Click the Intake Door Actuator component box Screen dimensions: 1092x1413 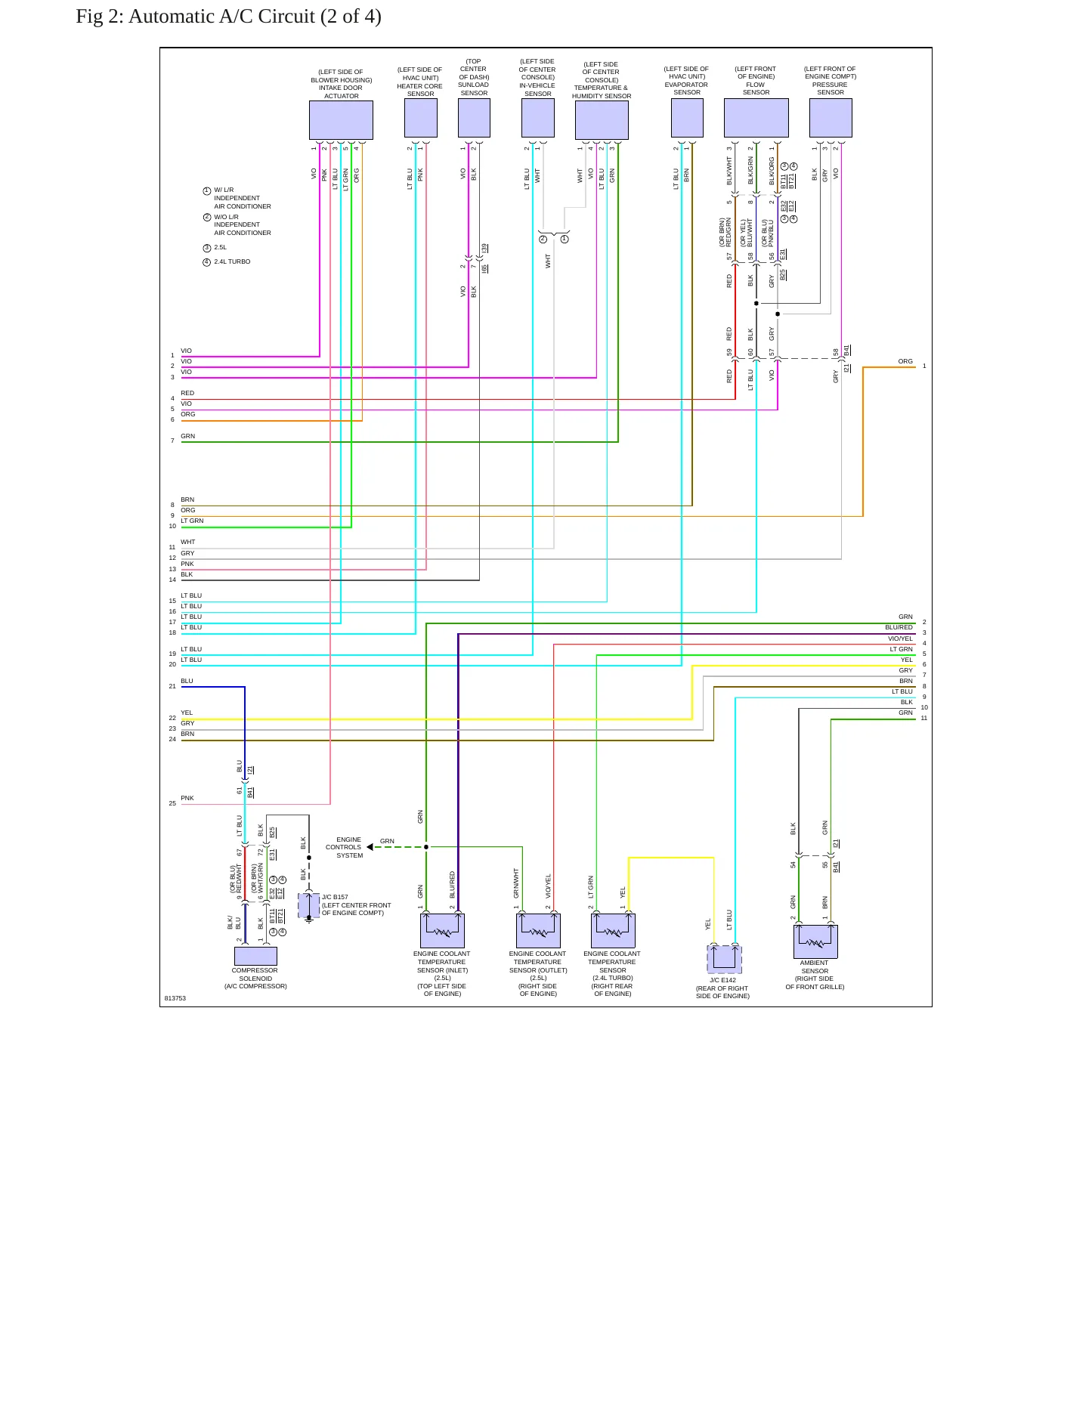341,120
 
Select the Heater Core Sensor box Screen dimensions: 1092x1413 421,118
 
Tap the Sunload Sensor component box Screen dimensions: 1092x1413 474,118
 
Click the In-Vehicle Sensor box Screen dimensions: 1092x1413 538,118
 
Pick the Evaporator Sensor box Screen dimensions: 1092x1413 687,118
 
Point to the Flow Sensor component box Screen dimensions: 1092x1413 756,118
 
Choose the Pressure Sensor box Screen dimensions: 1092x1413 831,118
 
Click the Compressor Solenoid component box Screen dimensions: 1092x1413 255,956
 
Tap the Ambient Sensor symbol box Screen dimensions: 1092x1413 815,941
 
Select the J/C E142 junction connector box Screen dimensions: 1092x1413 724,959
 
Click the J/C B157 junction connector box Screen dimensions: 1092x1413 308,905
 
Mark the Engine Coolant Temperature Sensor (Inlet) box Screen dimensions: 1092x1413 442,931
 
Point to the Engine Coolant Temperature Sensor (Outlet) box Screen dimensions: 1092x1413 538,931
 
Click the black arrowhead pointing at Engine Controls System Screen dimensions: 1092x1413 370,847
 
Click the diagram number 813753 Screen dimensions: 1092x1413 175,998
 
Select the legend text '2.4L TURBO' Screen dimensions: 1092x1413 232,261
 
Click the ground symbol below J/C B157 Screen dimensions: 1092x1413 308,921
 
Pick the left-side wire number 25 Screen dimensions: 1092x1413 172,803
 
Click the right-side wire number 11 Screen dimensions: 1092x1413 924,718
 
